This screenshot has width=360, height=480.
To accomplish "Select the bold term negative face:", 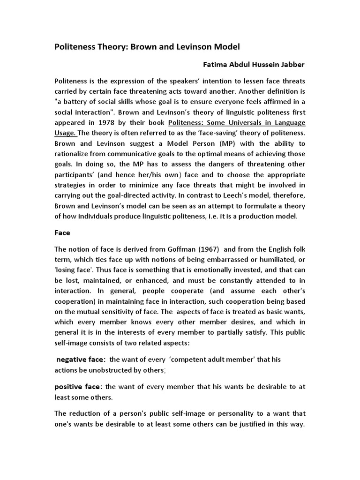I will click(x=81, y=359).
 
